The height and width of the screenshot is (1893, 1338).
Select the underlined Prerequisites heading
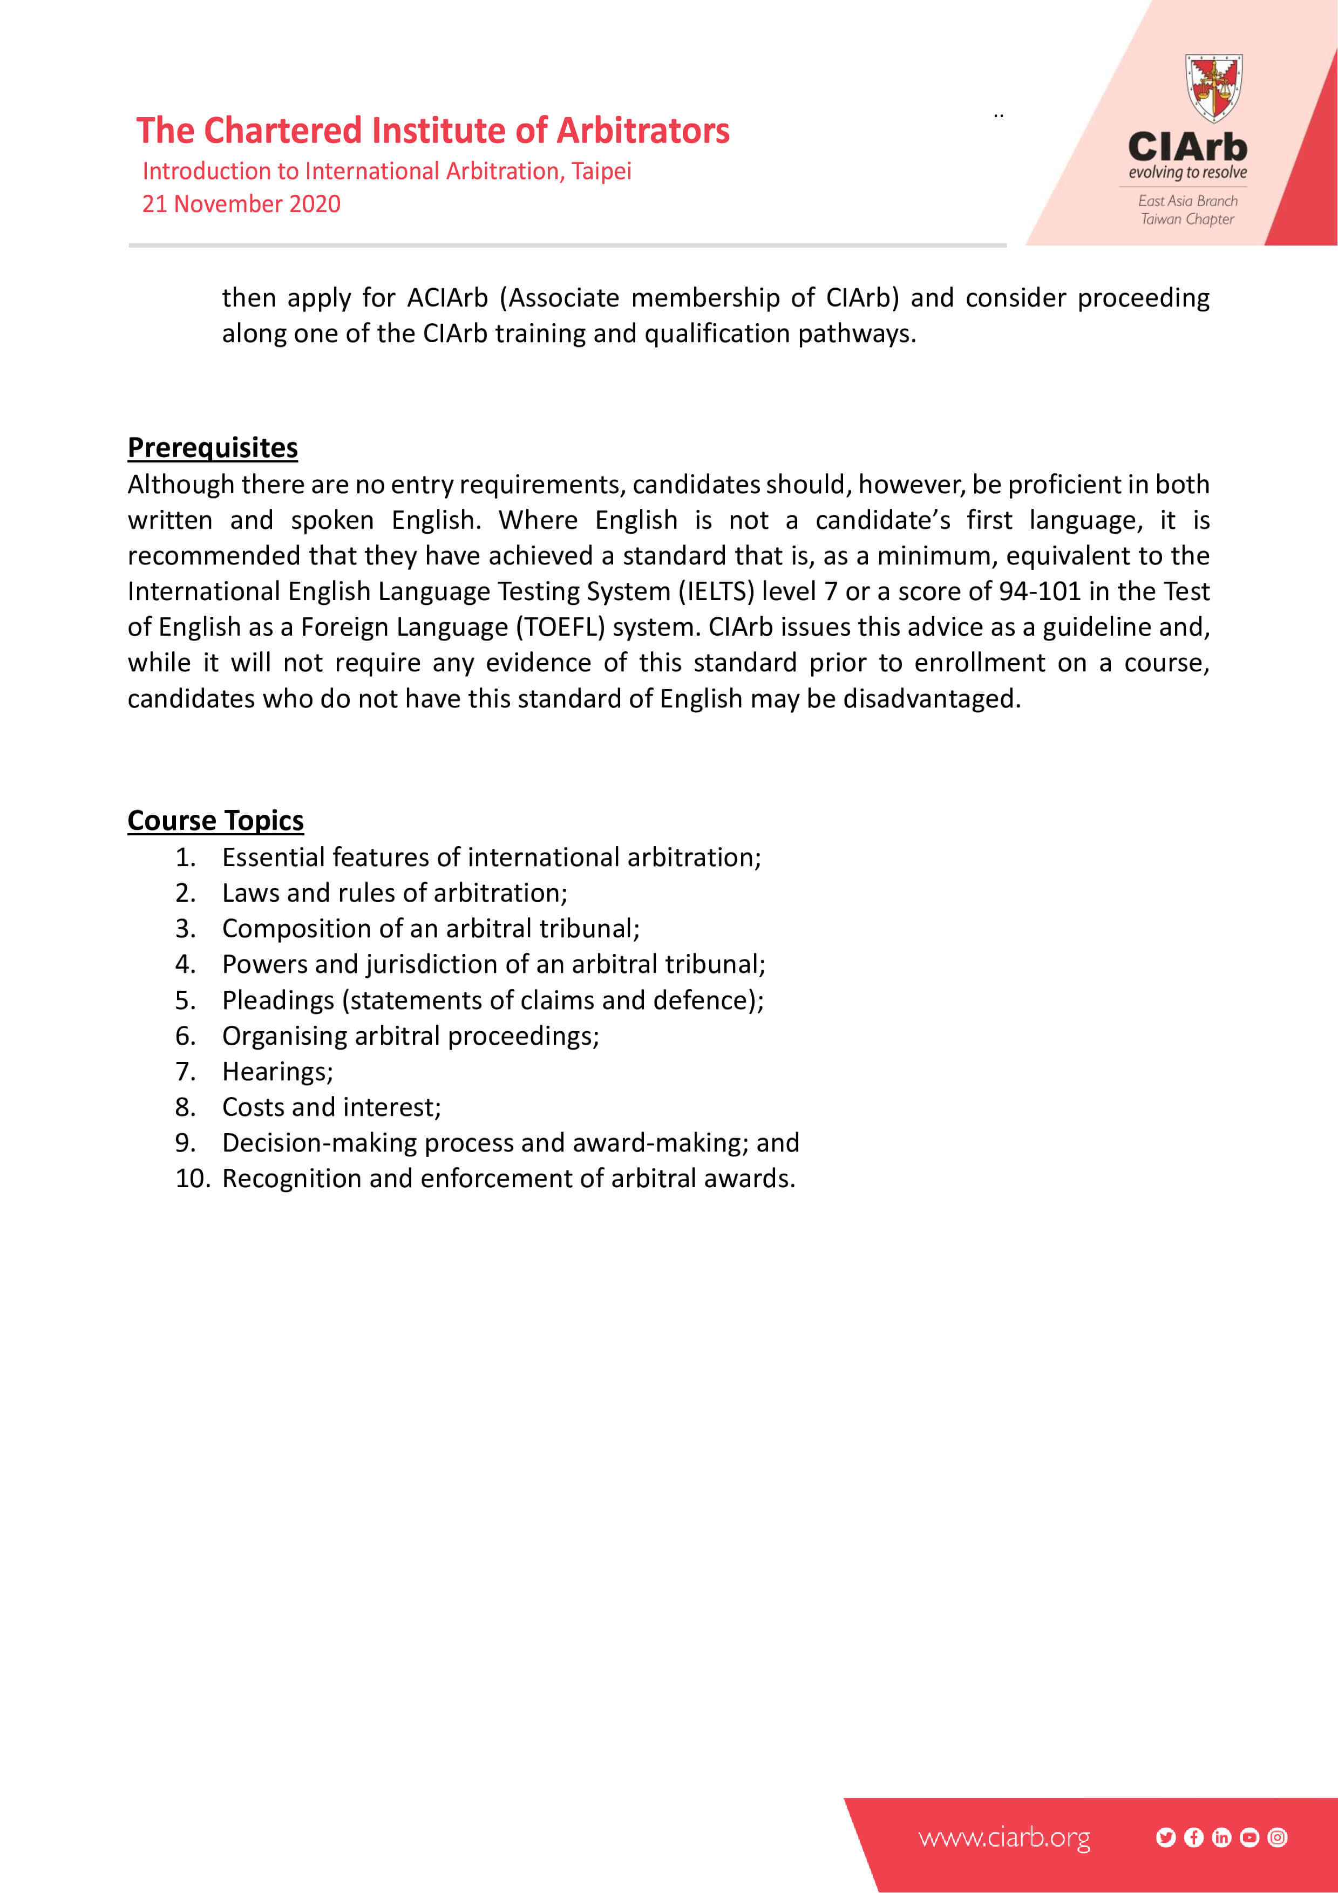pyautogui.click(x=213, y=448)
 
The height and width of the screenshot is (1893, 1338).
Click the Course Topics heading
pyautogui.click(x=215, y=820)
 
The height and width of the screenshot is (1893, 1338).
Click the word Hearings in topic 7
pyautogui.click(x=275, y=1072)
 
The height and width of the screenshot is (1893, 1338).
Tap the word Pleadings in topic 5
pyautogui.click(x=278, y=1000)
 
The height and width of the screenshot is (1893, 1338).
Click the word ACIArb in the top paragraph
pyautogui.click(x=447, y=298)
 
